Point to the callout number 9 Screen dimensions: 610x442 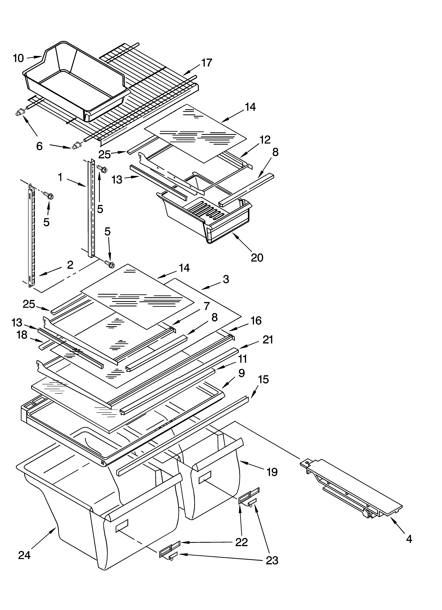[241, 373]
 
